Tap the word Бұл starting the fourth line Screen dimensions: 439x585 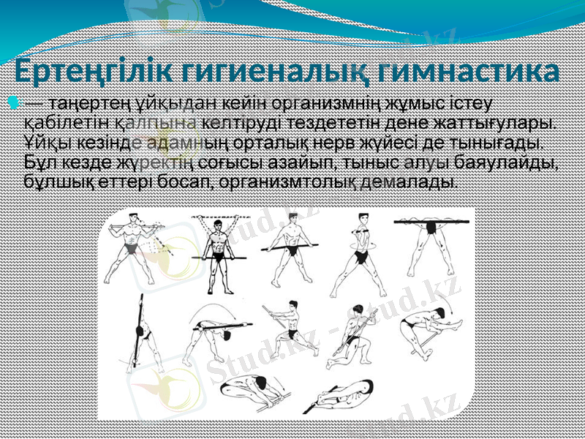(39, 160)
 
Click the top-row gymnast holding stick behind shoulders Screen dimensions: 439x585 (134, 249)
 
